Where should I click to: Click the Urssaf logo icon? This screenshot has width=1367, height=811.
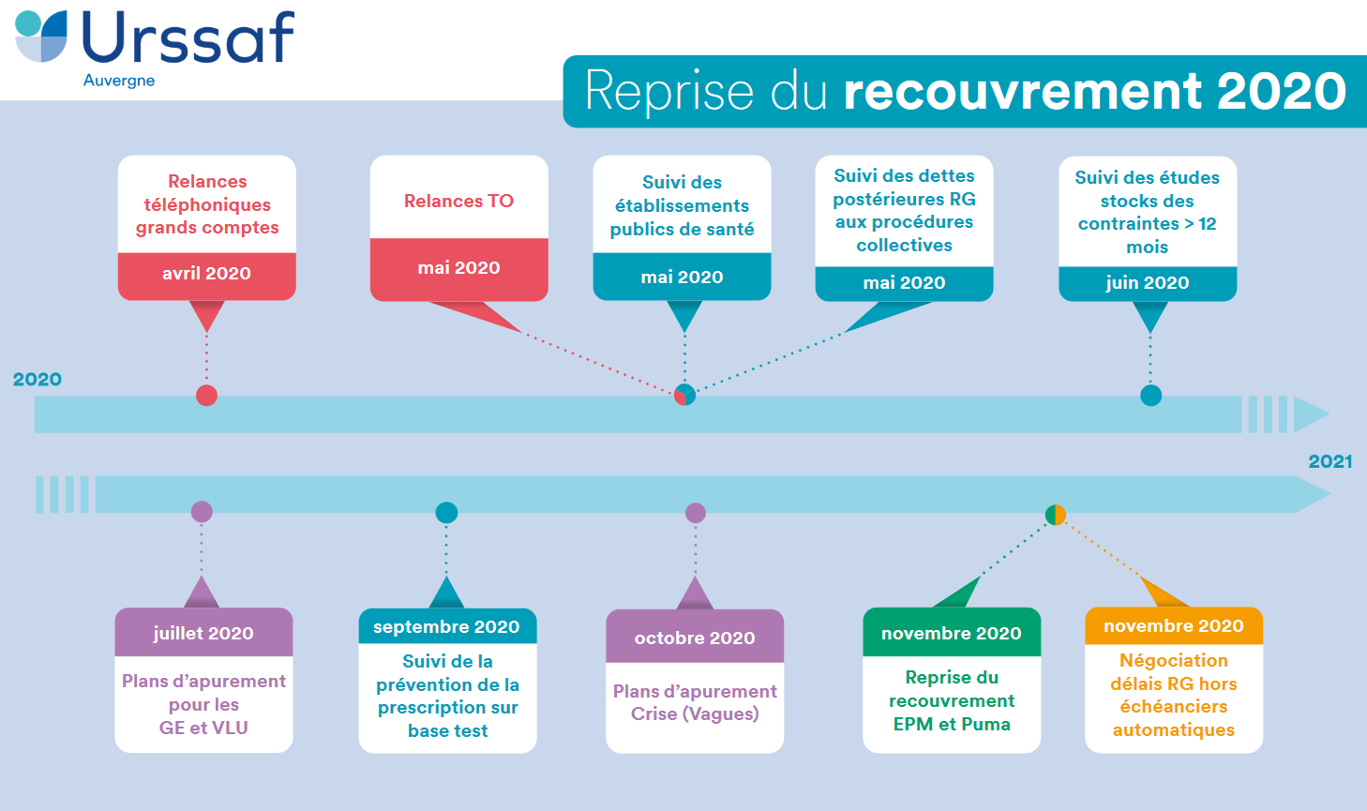coord(42,37)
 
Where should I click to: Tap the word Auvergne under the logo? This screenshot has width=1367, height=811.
coord(119,81)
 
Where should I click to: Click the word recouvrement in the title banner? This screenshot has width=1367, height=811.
coord(1023,91)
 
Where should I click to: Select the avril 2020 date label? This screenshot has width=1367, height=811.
coord(206,274)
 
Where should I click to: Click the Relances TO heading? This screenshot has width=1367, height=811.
coord(458,201)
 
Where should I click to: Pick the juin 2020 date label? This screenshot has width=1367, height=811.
coord(1147,283)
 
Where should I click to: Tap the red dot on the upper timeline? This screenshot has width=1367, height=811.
coord(206,396)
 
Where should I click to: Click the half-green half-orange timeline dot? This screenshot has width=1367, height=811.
coord(1056,515)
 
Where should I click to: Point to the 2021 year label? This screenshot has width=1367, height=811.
coord(1329,461)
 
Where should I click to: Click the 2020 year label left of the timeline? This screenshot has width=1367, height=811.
coord(38,380)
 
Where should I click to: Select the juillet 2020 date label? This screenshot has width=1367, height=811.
coord(203,634)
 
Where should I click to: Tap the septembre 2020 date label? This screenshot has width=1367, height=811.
coord(446,627)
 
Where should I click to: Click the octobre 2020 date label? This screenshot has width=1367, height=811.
coord(695,638)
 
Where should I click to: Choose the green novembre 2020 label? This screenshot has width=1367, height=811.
coord(951,634)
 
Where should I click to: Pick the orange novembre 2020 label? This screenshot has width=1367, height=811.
coord(1173,626)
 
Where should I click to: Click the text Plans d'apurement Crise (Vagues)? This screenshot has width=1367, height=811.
coord(695,702)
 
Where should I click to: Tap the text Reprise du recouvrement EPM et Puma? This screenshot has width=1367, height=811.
coord(952,700)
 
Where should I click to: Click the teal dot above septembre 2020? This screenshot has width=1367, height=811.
coord(446,513)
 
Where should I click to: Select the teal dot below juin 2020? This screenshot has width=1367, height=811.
coord(1150,396)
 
